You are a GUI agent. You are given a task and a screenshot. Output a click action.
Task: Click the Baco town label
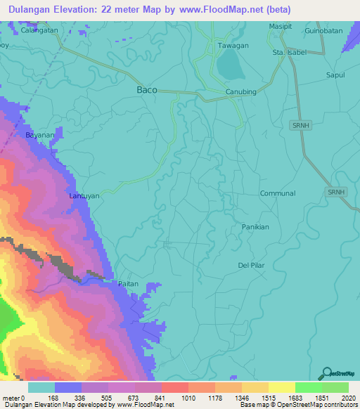pos(146,91)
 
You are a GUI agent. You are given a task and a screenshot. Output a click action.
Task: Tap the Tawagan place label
pos(233,46)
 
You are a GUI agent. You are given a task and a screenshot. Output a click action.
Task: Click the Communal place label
pos(278,193)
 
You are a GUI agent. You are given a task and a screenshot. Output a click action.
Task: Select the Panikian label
pos(255,227)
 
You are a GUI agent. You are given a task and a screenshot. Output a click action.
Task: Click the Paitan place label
pos(129,284)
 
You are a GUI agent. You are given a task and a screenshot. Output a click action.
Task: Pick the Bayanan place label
pos(40,134)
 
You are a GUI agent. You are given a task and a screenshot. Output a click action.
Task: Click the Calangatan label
pos(39,32)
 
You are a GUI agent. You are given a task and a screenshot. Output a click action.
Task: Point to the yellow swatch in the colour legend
pos(281,387)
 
